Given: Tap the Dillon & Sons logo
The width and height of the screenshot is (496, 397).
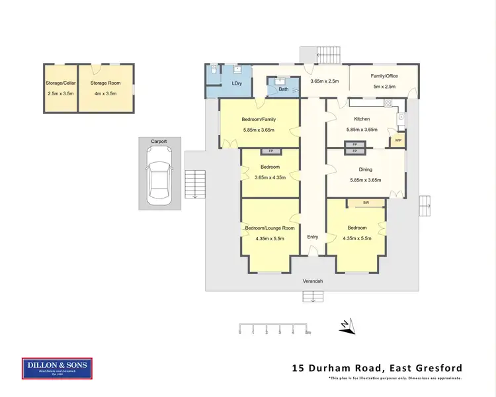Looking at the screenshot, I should [58, 369].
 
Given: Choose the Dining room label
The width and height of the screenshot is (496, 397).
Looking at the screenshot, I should [365, 169].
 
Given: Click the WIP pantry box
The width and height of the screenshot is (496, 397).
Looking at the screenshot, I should [398, 140].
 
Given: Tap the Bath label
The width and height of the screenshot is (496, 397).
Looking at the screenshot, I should [284, 89].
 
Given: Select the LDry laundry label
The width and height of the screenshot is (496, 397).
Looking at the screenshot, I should [237, 84].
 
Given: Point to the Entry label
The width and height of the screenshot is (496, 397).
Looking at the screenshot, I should [313, 236].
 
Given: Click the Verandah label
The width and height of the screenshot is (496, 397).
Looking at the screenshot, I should [312, 281].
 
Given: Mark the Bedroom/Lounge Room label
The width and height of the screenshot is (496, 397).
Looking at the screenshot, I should [270, 228].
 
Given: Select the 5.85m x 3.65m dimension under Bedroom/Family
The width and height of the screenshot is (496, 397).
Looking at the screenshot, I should [259, 130].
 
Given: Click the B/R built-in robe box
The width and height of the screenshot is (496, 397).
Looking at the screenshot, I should [364, 202].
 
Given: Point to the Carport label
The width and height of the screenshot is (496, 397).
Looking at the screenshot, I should [159, 142].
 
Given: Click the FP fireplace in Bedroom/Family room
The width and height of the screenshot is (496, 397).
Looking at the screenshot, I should [270, 152].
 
